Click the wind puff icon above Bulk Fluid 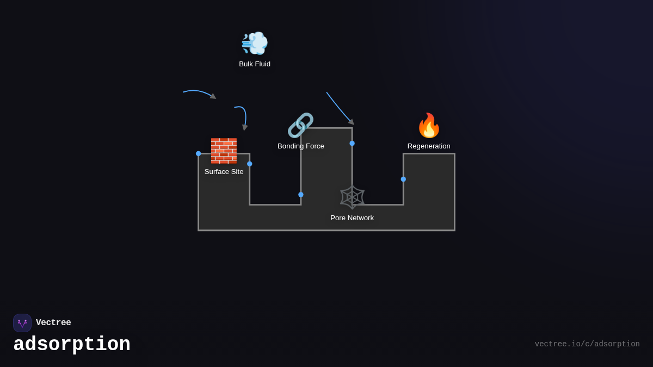point(255,43)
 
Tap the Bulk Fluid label point(255,64)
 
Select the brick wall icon point(224,151)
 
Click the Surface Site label point(224,172)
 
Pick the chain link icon point(300,125)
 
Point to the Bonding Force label point(300,146)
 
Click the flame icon point(429,126)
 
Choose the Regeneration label point(429,146)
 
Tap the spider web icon point(352,197)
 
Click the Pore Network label point(352,218)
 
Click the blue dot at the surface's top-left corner point(199,154)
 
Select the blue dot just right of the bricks point(250,164)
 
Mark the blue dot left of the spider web point(301,195)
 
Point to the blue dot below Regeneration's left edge point(403,179)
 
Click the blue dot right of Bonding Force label point(352,144)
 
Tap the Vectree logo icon point(22,323)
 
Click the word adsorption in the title point(72,345)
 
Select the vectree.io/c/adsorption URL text point(587,344)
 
